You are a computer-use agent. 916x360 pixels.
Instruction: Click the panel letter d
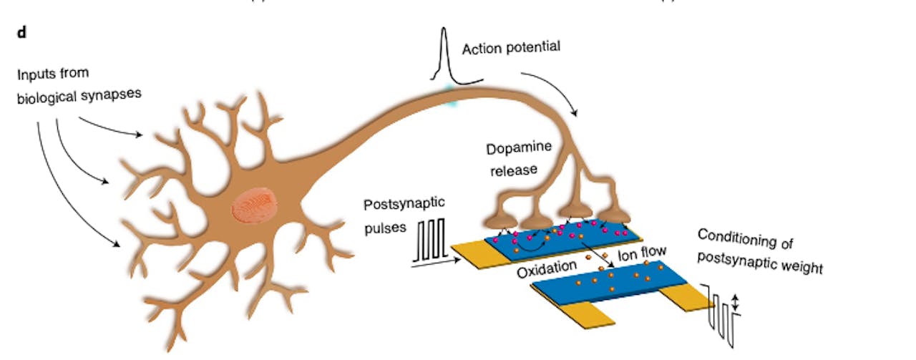coord(21,33)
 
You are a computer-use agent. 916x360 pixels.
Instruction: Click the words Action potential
coord(511,49)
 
